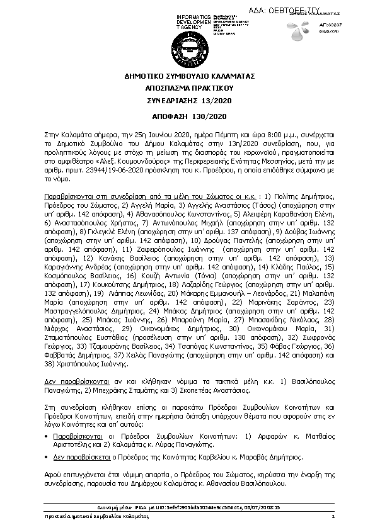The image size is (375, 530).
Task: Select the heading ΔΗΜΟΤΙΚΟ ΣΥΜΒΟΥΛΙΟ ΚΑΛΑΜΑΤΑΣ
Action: (x=187, y=76)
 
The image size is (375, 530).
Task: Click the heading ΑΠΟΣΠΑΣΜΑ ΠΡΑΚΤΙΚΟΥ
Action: (x=187, y=88)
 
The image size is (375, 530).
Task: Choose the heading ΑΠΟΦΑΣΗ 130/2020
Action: (x=187, y=117)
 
